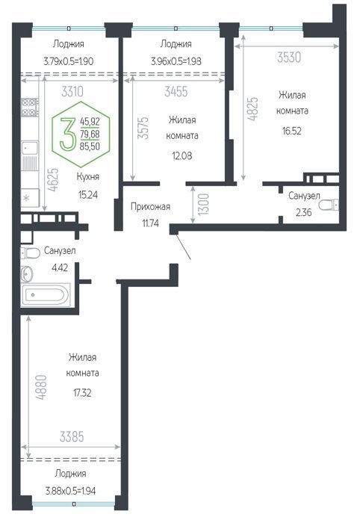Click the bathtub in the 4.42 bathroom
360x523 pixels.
[x=46, y=294]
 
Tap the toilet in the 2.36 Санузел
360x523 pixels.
[x=329, y=204]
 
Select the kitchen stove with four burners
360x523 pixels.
[x=30, y=108]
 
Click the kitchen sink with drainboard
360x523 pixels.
[x=30, y=158]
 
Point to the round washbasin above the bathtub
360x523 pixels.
[x=27, y=274]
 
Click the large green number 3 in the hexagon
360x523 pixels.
[x=68, y=134]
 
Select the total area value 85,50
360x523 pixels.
[x=90, y=146]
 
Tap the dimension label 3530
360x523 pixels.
[x=289, y=58]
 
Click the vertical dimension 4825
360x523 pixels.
[x=253, y=109]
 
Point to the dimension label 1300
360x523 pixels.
[x=204, y=204]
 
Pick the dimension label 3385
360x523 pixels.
[x=72, y=436]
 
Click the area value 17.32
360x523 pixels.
[x=82, y=393]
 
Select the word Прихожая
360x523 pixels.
[x=150, y=207]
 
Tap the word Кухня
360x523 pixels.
[x=88, y=176]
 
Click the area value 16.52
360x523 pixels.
[x=292, y=131]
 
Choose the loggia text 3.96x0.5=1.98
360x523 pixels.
[x=176, y=61]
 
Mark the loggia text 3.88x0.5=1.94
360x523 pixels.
[x=70, y=491]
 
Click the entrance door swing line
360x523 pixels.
[x=183, y=247]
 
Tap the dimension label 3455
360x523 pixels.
[x=176, y=91]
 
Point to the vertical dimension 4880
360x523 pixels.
[x=42, y=387]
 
